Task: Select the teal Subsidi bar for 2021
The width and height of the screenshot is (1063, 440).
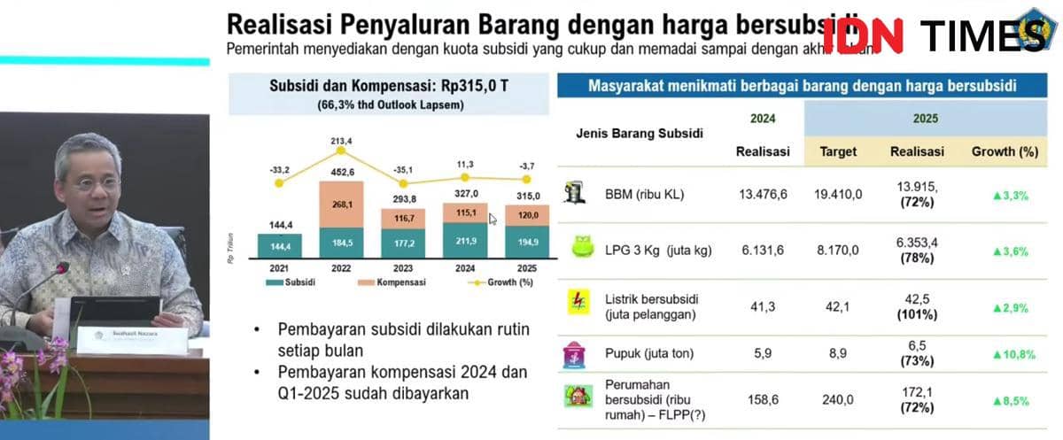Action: tap(279, 245)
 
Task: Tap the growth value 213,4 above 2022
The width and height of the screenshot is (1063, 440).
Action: tap(340, 140)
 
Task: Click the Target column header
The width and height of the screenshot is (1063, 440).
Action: tap(838, 151)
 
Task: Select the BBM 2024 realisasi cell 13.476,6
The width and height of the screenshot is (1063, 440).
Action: tap(763, 195)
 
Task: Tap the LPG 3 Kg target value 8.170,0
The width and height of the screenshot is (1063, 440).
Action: tap(838, 251)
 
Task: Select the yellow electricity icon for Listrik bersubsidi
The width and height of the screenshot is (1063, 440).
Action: tap(578, 303)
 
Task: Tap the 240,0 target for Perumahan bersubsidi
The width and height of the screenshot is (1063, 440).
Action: tap(838, 399)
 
